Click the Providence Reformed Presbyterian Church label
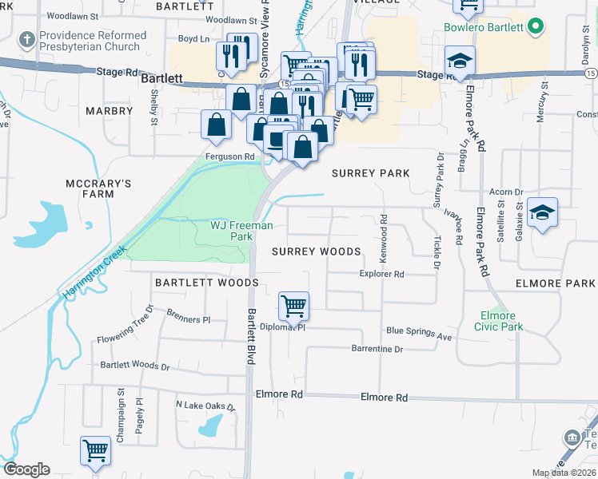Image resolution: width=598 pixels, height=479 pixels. [x=93, y=42]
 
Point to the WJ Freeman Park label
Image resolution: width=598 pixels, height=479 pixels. [x=241, y=231]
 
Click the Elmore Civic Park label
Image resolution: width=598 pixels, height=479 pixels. [x=499, y=321]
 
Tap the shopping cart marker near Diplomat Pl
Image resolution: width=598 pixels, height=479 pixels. [x=293, y=306]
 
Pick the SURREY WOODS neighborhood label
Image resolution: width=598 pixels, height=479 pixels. [x=317, y=251]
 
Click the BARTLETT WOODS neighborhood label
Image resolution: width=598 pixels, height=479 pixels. [x=207, y=283]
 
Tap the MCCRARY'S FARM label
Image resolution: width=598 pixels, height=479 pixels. [x=98, y=188]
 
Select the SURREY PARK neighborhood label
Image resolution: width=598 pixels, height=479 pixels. [x=371, y=173]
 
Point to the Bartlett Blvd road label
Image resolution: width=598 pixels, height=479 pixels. [x=250, y=337]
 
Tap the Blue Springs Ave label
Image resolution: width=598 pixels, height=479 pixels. [x=419, y=332]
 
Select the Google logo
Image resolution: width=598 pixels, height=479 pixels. [x=26, y=469]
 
